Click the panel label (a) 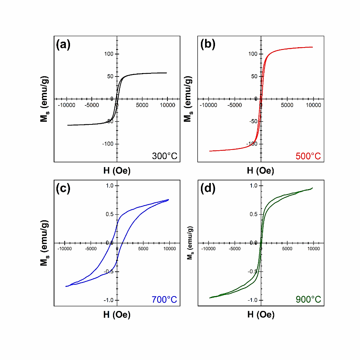tap(63, 45)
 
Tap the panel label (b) tap(208, 45)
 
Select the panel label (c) tap(63, 189)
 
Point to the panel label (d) tap(208, 189)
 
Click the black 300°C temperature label tap(164, 156)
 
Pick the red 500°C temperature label tap(308, 156)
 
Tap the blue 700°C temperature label tap(164, 300)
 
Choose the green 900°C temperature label tap(308, 300)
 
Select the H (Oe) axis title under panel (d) tap(261, 315)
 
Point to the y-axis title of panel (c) tap(45, 242)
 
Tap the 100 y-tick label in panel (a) tap(109, 54)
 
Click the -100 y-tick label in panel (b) tap(252, 144)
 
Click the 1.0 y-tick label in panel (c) tap(109, 186)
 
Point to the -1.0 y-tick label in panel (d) tap(252, 300)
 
